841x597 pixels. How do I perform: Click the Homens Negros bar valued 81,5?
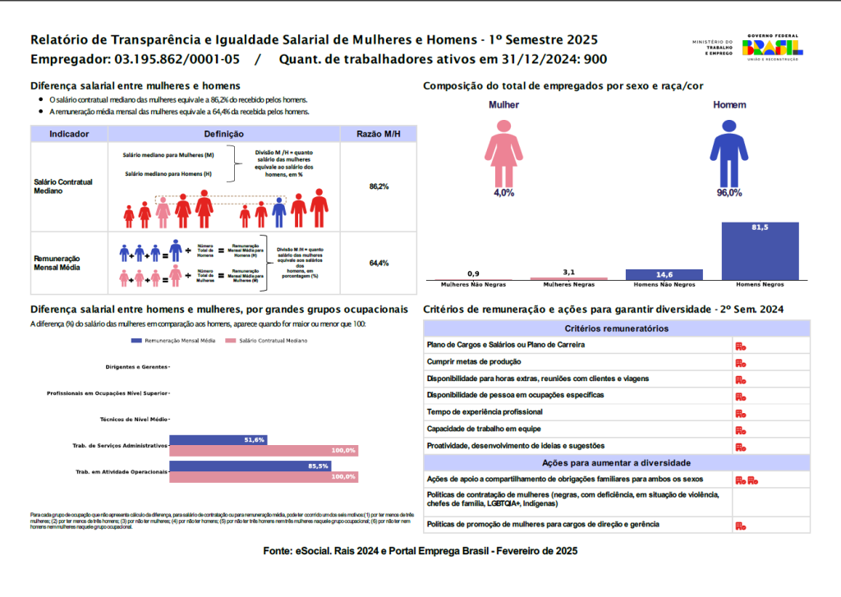click(760, 251)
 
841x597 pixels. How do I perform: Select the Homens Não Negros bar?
click(664, 275)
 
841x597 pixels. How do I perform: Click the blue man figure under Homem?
click(728, 151)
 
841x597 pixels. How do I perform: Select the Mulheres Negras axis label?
click(569, 285)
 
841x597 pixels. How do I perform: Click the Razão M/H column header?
click(379, 134)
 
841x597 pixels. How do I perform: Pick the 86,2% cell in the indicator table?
click(379, 186)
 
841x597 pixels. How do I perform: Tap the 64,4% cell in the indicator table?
click(379, 263)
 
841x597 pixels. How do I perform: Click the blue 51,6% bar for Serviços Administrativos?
click(218, 440)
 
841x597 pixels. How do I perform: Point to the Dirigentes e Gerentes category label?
click(136, 366)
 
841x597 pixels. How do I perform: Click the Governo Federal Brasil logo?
click(773, 47)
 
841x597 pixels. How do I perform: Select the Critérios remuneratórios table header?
click(616, 328)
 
